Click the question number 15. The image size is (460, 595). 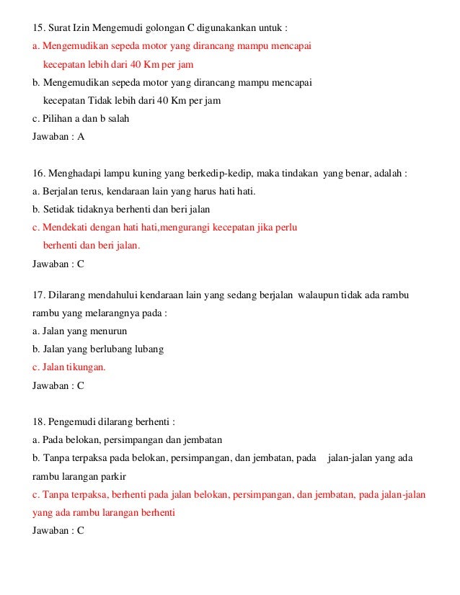(x=40, y=30)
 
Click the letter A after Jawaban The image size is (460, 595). (x=81, y=136)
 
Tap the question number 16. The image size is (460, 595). (x=40, y=174)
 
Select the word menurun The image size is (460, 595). (x=108, y=331)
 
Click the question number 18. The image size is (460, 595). (x=40, y=421)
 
